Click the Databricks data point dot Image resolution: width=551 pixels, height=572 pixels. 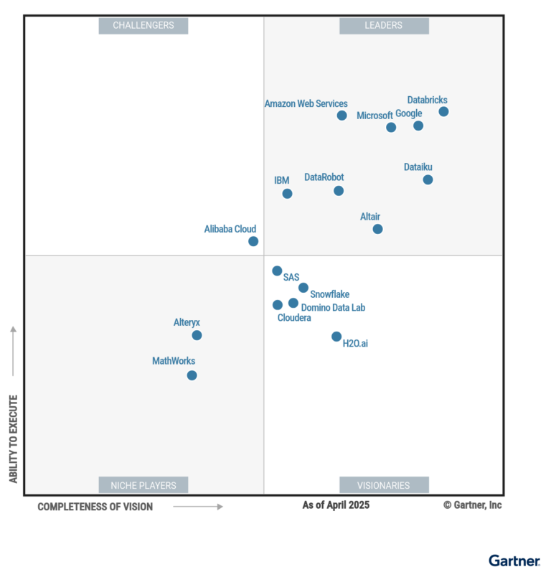(x=443, y=111)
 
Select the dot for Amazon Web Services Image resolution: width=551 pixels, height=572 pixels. (x=342, y=116)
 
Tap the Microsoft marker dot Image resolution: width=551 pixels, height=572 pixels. (x=391, y=127)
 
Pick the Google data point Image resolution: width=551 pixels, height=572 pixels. (x=418, y=126)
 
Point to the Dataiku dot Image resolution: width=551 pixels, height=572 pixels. (x=428, y=179)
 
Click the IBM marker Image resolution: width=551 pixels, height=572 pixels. (x=287, y=194)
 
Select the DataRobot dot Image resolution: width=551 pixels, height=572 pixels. (x=339, y=191)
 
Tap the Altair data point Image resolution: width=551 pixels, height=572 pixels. (x=377, y=229)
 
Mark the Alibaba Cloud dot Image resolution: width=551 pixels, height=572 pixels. (x=253, y=241)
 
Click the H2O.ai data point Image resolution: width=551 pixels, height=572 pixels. (x=336, y=337)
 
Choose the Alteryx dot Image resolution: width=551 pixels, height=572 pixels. (x=197, y=335)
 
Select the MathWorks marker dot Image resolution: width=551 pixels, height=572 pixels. (x=192, y=375)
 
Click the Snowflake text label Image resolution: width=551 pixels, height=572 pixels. (x=329, y=294)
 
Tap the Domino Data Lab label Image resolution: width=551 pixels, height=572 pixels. (x=333, y=308)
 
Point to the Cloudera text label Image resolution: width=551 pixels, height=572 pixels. (x=294, y=318)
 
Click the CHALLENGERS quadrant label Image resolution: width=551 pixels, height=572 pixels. (x=143, y=26)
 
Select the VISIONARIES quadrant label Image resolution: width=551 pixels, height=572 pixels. (x=384, y=485)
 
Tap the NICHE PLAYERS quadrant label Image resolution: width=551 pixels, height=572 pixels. (x=143, y=485)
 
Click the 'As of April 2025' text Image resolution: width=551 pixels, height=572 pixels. (x=336, y=505)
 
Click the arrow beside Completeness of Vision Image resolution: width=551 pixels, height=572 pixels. (x=199, y=507)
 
